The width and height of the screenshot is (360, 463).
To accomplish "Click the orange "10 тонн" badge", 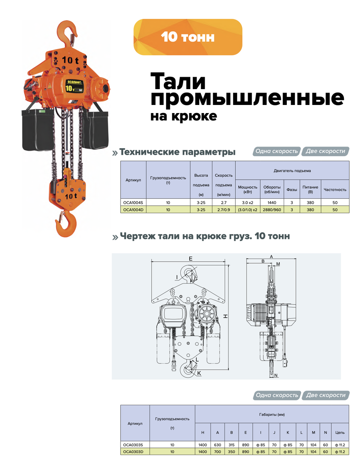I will [x=188, y=37].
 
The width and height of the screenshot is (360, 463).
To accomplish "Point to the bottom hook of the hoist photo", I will [x=66, y=224].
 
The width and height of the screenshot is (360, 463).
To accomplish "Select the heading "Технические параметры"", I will [x=177, y=152].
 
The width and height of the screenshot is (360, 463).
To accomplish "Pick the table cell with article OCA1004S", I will [x=133, y=203].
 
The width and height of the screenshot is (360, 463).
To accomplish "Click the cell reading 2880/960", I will [x=272, y=210].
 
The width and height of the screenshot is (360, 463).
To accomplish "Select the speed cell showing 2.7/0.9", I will [x=224, y=210].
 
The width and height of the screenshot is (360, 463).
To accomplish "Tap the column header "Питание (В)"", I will [x=310, y=189].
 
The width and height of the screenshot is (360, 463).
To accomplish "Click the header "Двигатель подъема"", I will [x=292, y=171].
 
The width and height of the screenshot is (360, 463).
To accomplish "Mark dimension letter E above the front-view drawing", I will [x=190, y=259].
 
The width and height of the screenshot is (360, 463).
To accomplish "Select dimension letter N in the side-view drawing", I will [x=276, y=375].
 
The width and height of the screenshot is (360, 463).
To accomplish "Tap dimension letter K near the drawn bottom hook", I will [x=199, y=373].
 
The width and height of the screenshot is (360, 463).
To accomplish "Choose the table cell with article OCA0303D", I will [x=135, y=451].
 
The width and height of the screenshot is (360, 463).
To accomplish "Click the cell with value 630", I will [x=217, y=444].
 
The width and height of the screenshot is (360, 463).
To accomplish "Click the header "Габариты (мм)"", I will [x=272, y=415].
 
